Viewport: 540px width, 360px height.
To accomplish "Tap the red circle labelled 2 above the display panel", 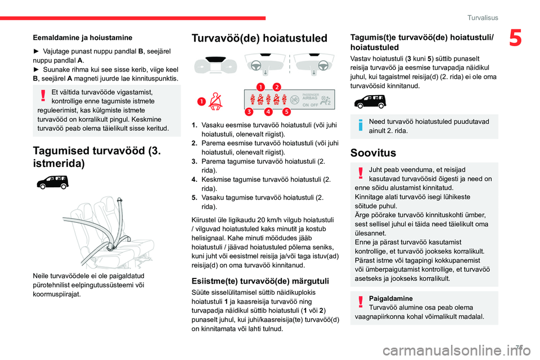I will pos(277,87).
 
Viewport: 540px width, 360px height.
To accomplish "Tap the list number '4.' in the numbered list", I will pos(194,180).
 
